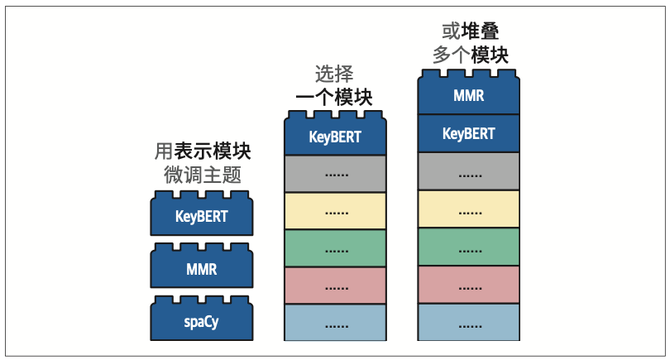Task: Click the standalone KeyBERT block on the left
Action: [201, 217]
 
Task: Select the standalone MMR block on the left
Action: [201, 269]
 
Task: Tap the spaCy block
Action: [201, 322]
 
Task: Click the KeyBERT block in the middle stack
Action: [335, 137]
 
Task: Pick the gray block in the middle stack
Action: [335, 174]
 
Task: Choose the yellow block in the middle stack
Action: [335, 211]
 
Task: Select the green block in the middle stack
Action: [335, 248]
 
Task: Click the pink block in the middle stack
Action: [335, 286]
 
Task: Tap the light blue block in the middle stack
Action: [335, 323]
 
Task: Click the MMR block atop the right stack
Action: [469, 95]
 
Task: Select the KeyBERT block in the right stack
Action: [469, 133]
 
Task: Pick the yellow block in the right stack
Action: [469, 209]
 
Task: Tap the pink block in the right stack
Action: [469, 285]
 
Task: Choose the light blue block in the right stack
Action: [469, 323]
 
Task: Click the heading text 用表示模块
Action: [203, 151]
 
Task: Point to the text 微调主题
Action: [203, 175]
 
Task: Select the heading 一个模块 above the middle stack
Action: [334, 98]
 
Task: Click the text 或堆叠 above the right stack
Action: [470, 31]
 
